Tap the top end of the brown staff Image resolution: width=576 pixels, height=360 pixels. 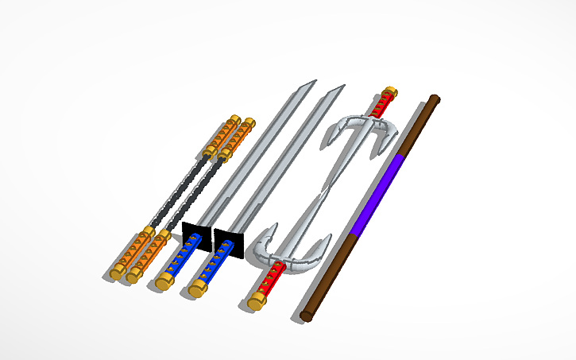[x=433, y=100]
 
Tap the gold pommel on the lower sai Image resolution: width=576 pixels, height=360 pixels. [x=256, y=301]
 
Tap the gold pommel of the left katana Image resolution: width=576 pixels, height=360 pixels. [x=164, y=281]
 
